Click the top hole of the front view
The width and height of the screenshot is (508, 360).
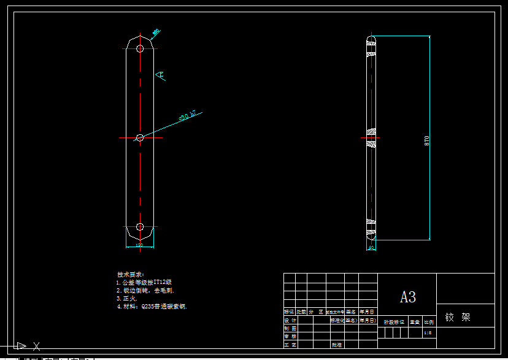point(140,48)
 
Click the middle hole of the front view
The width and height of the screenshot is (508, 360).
point(140,138)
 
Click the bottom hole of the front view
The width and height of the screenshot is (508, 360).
point(140,227)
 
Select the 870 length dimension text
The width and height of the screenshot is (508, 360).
point(427,140)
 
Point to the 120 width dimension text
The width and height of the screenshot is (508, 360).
point(139,245)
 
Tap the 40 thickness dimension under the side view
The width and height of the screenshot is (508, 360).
point(371,248)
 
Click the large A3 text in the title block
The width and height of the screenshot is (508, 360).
point(408,297)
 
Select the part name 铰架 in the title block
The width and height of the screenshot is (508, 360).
point(458,318)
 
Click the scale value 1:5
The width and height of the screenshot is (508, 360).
point(428,332)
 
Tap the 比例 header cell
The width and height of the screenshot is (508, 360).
point(428,321)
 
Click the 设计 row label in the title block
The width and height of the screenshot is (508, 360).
point(290,320)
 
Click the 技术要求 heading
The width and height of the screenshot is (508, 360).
point(130,274)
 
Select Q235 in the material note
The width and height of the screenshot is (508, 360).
point(148,306)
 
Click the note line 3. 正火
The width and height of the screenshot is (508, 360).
point(127,298)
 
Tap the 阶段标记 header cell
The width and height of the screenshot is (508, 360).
point(394,321)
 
